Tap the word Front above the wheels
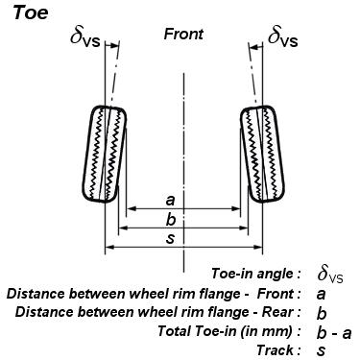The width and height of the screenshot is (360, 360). tap(183, 34)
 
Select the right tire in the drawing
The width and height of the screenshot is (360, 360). tap(260, 154)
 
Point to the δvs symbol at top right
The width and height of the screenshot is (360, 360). tap(283, 37)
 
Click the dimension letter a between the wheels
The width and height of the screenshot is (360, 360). tap(170, 201)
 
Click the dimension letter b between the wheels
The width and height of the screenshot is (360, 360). tap(170, 221)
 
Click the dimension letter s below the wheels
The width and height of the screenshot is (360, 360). tap(170, 239)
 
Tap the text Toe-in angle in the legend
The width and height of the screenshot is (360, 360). tap(254, 275)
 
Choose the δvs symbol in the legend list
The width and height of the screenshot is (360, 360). tap(329, 276)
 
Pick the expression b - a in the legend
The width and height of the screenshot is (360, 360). tap(334, 332)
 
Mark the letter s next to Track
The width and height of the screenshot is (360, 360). tap(322, 350)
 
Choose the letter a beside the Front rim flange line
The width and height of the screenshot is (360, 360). tap(322, 294)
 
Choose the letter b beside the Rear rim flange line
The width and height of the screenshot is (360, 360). tap(322, 313)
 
